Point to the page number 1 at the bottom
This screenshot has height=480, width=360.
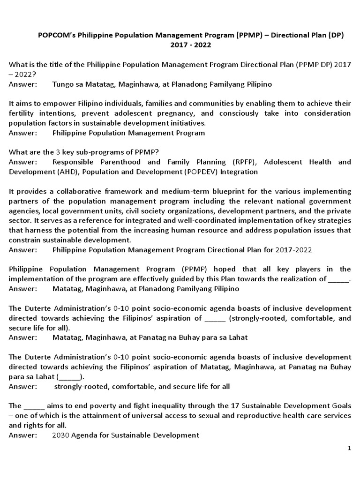[x=349, y=449]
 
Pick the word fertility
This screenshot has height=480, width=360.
[x=22, y=113]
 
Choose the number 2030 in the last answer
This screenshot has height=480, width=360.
[x=61, y=435]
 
